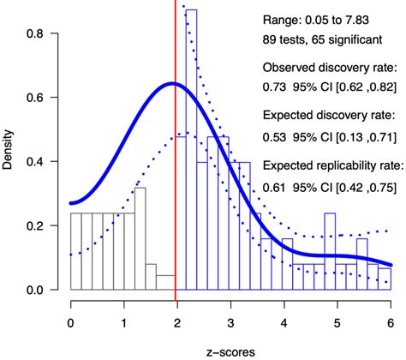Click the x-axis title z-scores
tap(230, 351)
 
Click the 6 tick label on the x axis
tap(390, 324)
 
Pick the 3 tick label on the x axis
tap(230, 324)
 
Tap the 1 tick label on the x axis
tap(123, 324)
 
